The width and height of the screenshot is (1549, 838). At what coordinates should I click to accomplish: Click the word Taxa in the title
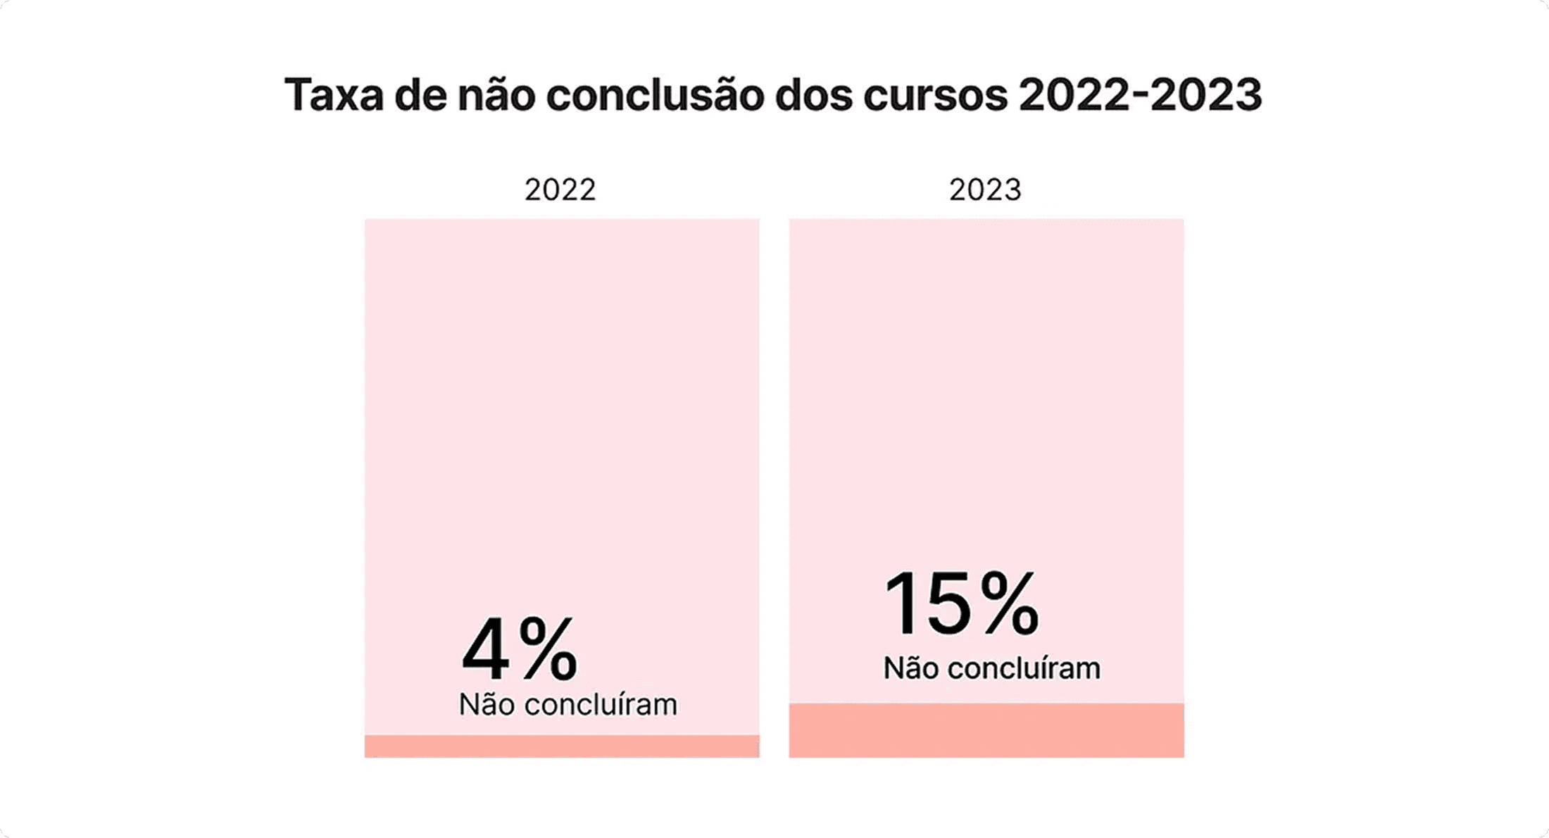click(x=333, y=95)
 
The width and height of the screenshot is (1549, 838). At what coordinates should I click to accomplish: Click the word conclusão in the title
click(x=655, y=95)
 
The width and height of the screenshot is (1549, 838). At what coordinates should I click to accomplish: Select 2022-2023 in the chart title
click(x=1140, y=95)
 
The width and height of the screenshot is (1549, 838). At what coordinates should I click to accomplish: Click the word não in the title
click(x=496, y=95)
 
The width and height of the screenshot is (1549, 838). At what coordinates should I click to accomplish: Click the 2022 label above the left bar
click(x=560, y=190)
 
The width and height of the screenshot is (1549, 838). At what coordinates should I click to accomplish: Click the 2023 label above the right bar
click(x=985, y=190)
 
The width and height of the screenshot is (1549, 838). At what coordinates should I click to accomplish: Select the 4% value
click(x=520, y=649)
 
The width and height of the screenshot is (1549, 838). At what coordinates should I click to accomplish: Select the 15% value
click(x=961, y=604)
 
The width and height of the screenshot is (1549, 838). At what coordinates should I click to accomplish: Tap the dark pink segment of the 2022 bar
click(x=562, y=746)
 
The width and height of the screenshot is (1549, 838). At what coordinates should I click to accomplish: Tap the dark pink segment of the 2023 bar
click(x=986, y=730)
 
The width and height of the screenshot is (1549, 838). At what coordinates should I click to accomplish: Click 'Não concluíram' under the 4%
click(x=567, y=705)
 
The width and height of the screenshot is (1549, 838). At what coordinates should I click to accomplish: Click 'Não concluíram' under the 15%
click(x=991, y=668)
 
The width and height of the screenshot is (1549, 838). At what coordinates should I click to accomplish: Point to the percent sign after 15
click(x=1009, y=604)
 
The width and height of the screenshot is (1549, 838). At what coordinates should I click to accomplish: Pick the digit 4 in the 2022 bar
click(x=486, y=649)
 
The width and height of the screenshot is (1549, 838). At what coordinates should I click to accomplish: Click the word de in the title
click(x=420, y=95)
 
